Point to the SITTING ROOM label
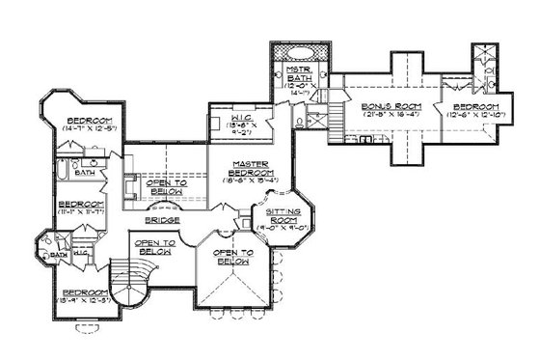pos(285,214)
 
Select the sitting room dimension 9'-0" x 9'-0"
pos(285,229)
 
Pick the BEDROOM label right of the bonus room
pos(474,105)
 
